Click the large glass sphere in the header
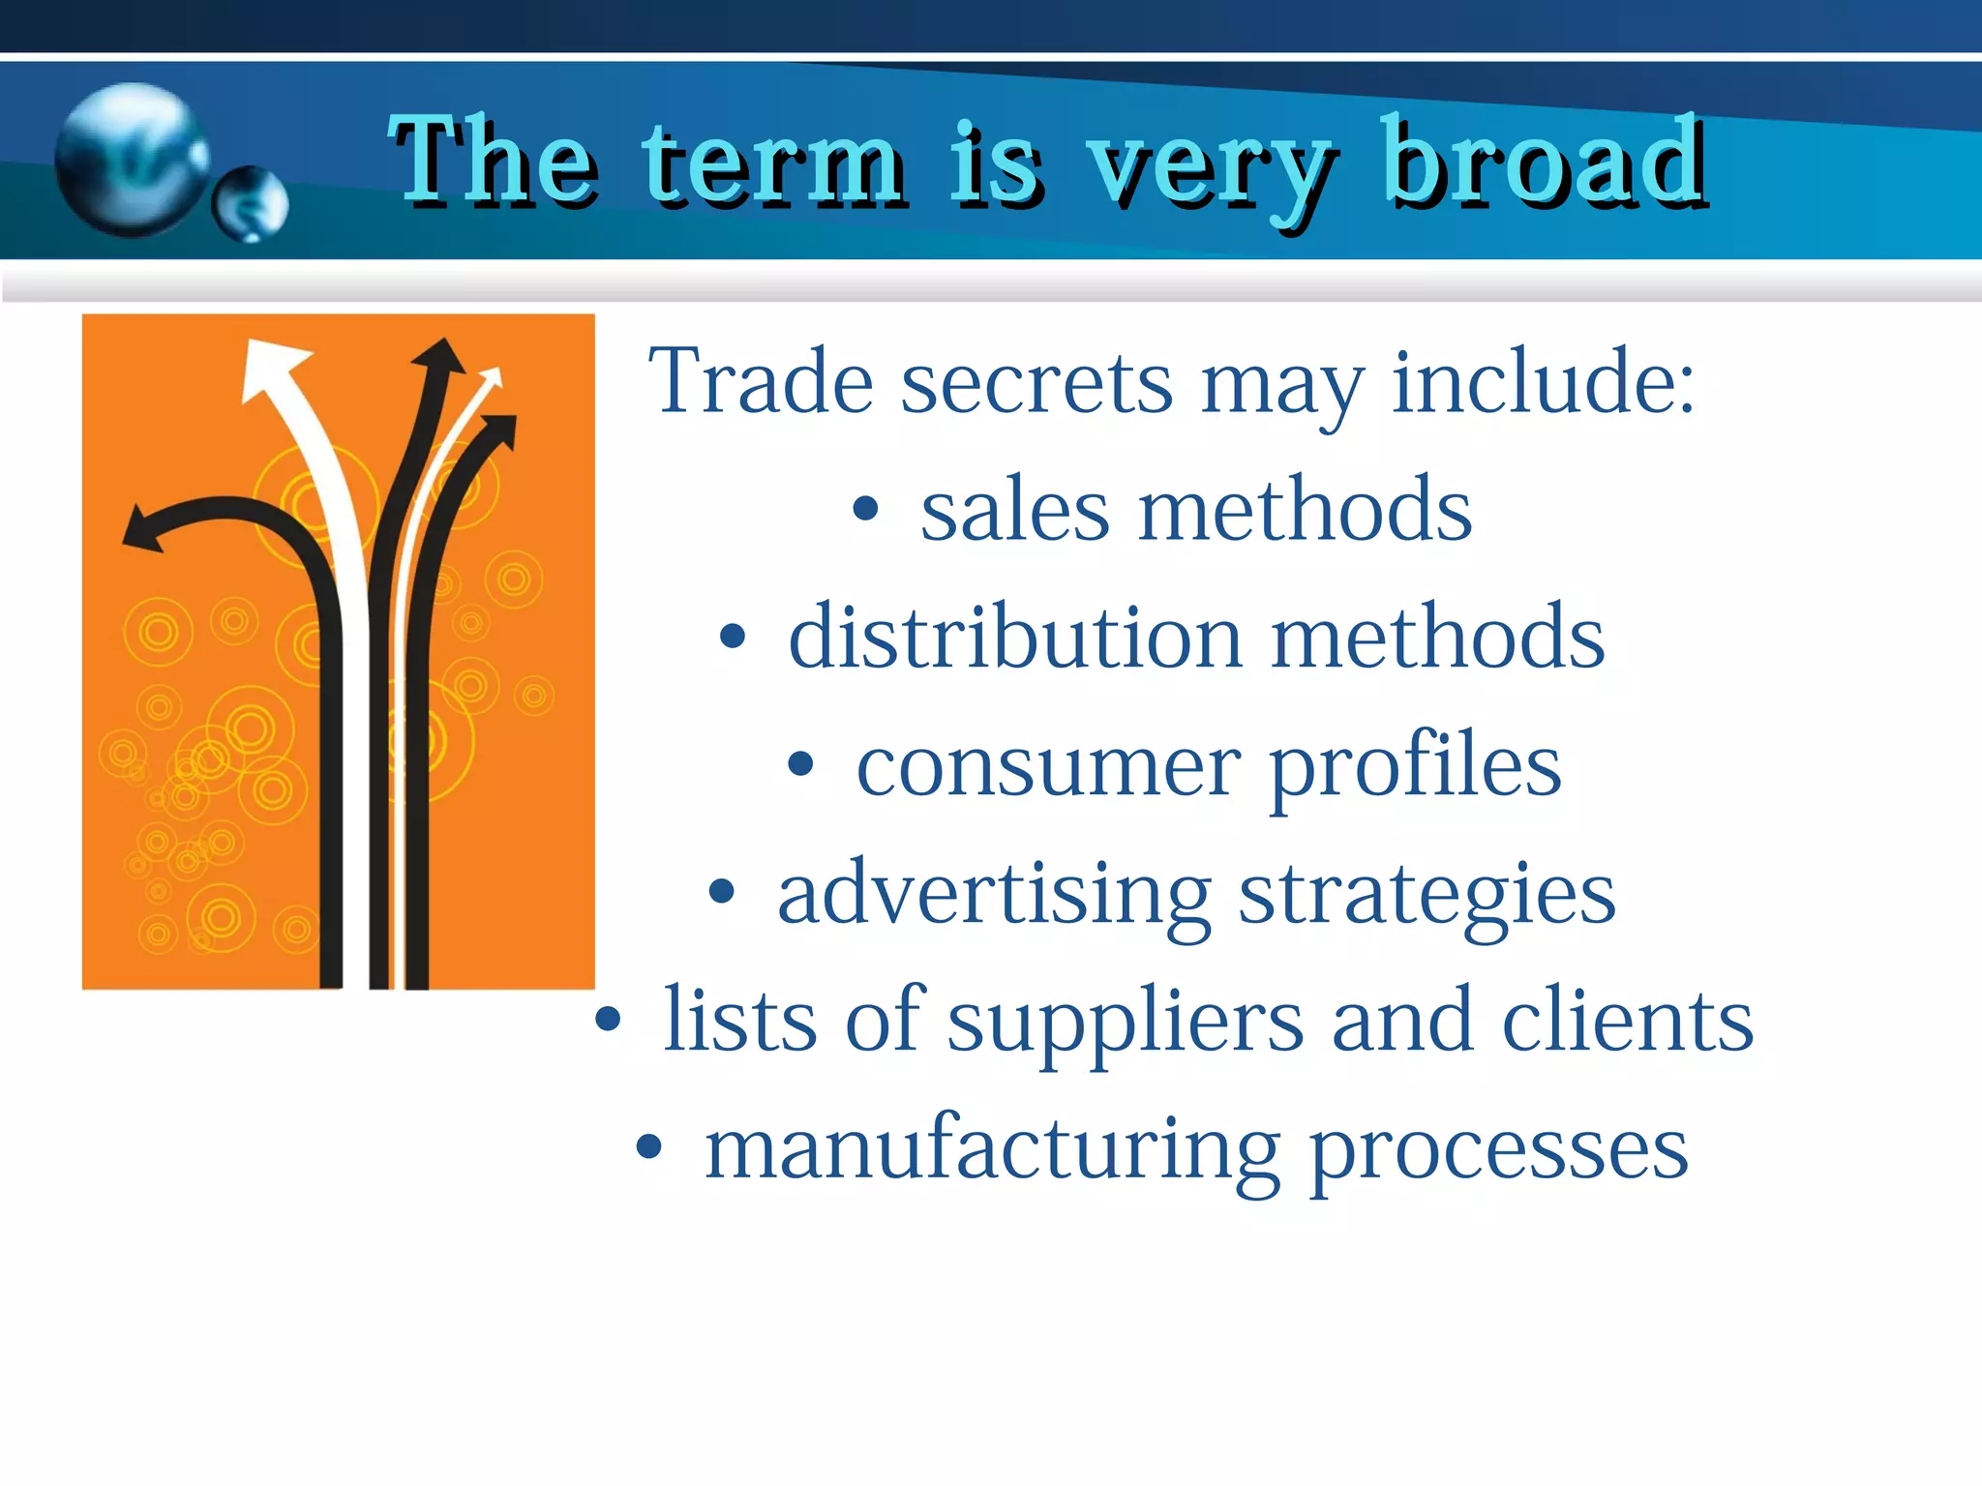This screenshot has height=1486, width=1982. point(130,160)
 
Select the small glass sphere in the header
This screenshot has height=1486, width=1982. point(251,203)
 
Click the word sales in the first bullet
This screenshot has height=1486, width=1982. point(1014,510)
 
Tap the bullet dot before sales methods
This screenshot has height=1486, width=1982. point(865,510)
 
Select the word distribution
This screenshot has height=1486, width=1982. point(1015,638)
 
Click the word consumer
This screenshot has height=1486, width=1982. point(1048,766)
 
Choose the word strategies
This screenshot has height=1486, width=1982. point(1427,894)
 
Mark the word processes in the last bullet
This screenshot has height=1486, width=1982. point(1499,1149)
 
